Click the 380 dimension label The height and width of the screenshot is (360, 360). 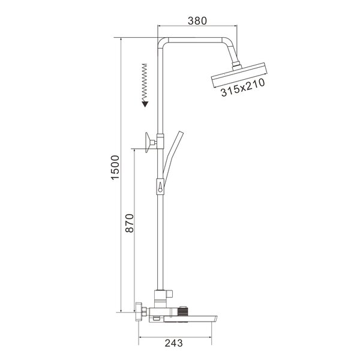tap(197, 21)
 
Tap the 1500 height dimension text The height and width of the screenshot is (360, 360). tap(115, 167)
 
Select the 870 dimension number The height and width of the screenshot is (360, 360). tap(130, 223)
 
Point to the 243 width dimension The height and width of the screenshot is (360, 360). tap(174, 343)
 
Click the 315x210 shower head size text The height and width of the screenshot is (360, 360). tap(242, 88)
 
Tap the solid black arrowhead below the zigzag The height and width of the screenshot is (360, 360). tap(145, 104)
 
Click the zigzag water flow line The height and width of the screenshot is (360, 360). tap(145, 82)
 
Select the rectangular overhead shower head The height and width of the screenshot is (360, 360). tap(239, 75)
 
